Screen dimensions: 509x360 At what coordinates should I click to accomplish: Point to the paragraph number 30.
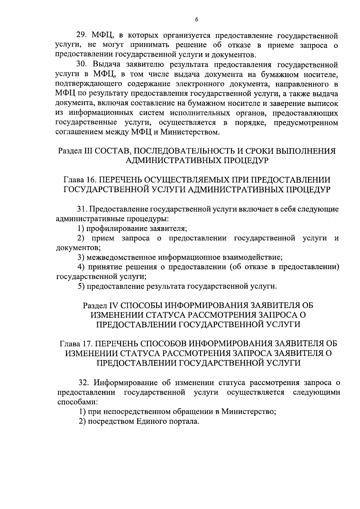(81, 65)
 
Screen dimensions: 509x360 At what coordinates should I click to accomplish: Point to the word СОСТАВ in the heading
(111, 151)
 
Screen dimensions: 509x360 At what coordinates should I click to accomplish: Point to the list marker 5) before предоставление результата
(81, 286)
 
